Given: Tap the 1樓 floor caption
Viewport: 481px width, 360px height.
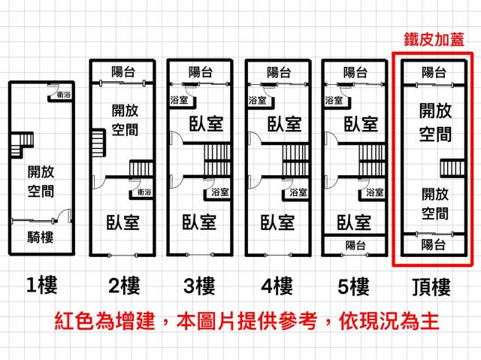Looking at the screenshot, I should (42, 286).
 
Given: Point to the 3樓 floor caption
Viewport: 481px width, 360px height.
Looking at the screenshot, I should (199, 286).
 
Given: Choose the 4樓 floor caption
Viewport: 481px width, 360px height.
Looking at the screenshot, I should (277, 286).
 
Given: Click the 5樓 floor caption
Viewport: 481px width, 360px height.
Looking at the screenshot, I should (352, 286).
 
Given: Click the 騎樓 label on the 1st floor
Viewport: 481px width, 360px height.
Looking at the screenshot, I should (41, 239).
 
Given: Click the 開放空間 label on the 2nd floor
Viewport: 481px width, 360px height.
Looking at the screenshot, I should (123, 118).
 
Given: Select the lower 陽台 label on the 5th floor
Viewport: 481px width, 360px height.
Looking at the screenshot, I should (355, 245).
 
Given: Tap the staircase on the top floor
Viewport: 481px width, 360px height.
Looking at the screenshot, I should (450, 168).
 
